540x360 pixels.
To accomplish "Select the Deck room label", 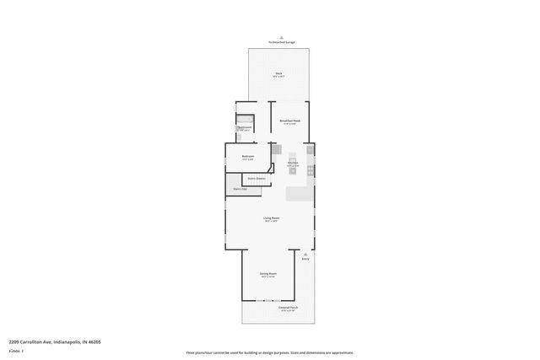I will point(278,74).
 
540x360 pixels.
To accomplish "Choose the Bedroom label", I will point(248,157).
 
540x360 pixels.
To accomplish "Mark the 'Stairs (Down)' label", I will point(256,179).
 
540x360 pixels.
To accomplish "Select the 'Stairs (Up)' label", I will point(240,189).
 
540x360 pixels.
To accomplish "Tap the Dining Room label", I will point(268,275).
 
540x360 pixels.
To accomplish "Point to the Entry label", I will point(305,259).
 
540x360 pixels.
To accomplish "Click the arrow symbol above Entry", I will point(305,252).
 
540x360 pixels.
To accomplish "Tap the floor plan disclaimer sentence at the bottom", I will point(270,352).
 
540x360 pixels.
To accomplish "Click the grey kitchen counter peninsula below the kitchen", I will point(300,194).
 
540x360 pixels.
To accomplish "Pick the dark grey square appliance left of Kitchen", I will point(275,148).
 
